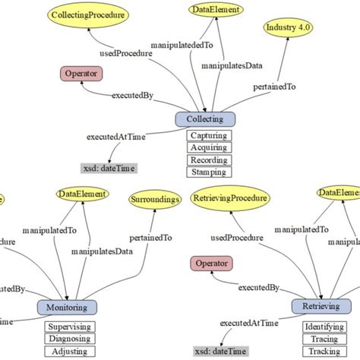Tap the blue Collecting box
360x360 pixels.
pyautogui.click(x=206, y=119)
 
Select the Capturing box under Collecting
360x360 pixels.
pyautogui.click(x=208, y=137)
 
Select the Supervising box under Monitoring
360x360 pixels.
pyautogui.click(x=69, y=327)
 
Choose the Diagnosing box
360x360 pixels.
pyautogui.click(x=69, y=339)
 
